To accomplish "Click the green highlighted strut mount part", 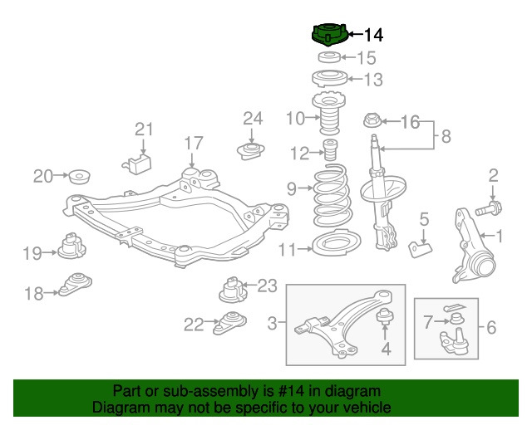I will [328, 36].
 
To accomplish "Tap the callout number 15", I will [367, 58].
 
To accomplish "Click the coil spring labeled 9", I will [331, 201].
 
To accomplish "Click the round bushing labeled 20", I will [79, 177].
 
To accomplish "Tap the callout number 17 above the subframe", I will [193, 144].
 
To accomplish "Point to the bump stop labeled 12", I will [330, 153].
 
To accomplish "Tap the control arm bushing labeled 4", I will [385, 316].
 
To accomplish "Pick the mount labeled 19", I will [71, 247].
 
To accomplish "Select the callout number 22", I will [193, 325].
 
